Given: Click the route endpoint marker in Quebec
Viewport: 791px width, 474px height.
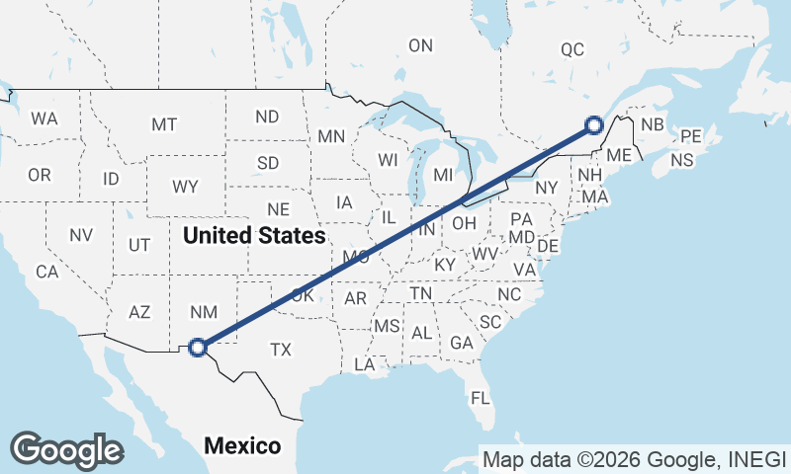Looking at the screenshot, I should pyautogui.click(x=593, y=124).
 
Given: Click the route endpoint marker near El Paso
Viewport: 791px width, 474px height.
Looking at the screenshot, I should pyautogui.click(x=198, y=347).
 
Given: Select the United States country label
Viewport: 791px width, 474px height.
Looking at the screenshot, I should pyautogui.click(x=254, y=236).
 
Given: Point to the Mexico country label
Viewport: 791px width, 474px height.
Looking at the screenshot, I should pyautogui.click(x=242, y=446).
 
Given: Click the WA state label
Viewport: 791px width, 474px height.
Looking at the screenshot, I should pyautogui.click(x=44, y=118).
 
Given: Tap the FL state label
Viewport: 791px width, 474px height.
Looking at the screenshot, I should pyautogui.click(x=481, y=399).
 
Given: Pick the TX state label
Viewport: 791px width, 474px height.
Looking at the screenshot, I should pyautogui.click(x=281, y=350).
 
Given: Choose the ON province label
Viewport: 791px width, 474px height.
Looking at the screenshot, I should pyautogui.click(x=421, y=45).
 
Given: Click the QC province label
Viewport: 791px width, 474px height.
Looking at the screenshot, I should pyautogui.click(x=572, y=49).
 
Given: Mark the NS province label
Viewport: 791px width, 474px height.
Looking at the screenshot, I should pyautogui.click(x=681, y=160).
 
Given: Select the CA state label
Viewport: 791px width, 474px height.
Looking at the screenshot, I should pyautogui.click(x=46, y=272).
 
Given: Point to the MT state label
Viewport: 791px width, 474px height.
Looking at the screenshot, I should pyautogui.click(x=164, y=124).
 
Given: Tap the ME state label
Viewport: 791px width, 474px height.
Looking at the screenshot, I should pyautogui.click(x=619, y=155).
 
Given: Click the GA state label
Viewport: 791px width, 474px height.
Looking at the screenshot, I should pyautogui.click(x=461, y=343).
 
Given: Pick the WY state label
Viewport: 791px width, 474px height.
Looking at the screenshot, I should pyautogui.click(x=184, y=187).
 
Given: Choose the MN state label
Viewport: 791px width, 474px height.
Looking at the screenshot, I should pyautogui.click(x=331, y=136).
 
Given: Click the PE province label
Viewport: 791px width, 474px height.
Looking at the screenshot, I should pyautogui.click(x=690, y=136).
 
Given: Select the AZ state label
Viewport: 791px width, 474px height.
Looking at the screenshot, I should pyautogui.click(x=139, y=312).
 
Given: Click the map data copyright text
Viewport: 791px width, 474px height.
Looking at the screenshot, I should pyautogui.click(x=633, y=459).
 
